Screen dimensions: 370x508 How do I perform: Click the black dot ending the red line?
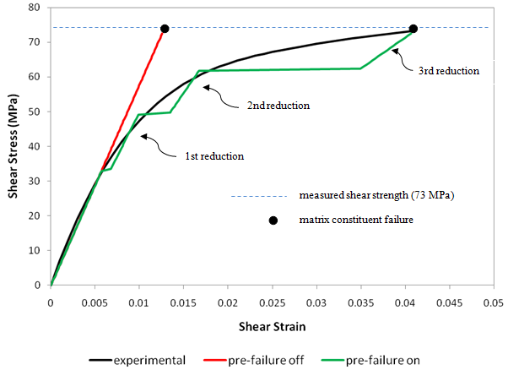coord(165,29)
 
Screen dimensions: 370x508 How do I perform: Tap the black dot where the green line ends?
coord(413,29)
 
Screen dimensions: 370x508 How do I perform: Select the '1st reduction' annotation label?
coord(214,156)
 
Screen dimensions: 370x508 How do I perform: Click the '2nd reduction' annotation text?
coord(278,106)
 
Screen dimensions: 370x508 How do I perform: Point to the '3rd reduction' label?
coord(449,72)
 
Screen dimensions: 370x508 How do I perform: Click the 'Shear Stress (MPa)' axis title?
coord(14,145)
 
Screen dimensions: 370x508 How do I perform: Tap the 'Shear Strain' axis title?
coord(271,325)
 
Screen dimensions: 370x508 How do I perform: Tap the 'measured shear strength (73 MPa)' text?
coord(376,196)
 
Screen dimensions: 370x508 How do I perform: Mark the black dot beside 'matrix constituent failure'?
coord(273,220)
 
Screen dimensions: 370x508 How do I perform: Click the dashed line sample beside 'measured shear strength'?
coord(257,196)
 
